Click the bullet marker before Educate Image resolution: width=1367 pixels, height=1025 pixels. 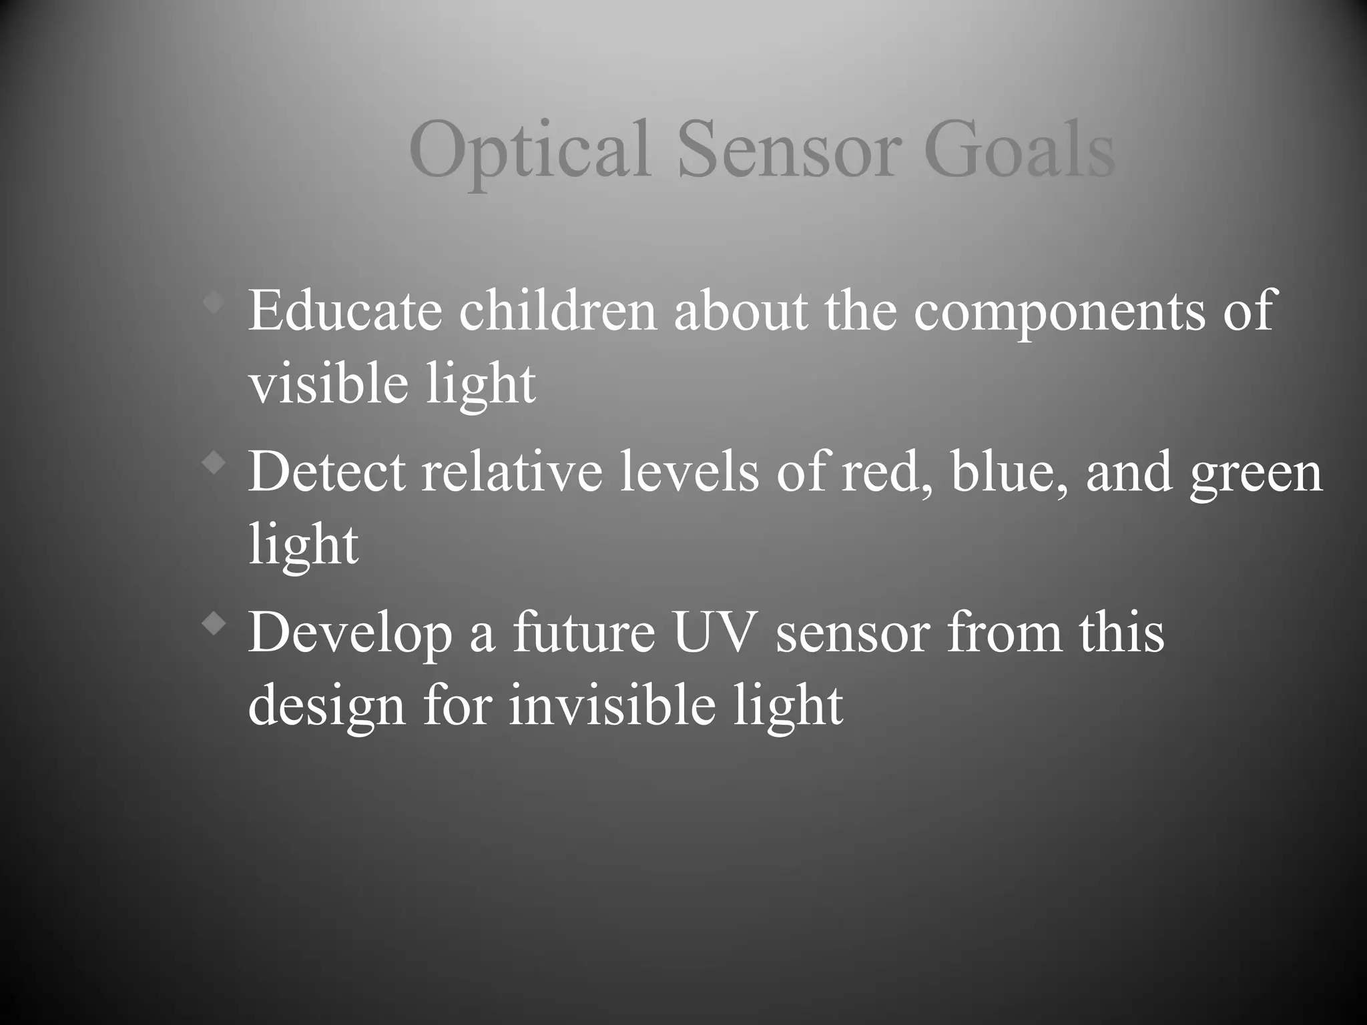pos(214,303)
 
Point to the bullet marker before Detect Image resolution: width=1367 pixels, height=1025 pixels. pos(214,463)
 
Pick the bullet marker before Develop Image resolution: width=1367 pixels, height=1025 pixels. pos(214,624)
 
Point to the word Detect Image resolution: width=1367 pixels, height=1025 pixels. pos(326,471)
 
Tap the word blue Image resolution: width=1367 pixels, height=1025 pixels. pos(1005,471)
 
